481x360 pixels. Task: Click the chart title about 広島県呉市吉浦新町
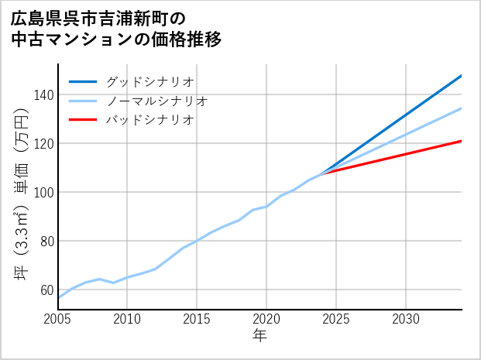click(x=116, y=29)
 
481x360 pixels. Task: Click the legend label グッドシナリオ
click(x=149, y=81)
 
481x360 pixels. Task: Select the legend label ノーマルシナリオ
click(x=156, y=101)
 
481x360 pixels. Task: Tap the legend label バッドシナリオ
click(x=149, y=120)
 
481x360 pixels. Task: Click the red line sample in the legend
click(x=83, y=120)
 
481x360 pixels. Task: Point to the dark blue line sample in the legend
click(x=83, y=81)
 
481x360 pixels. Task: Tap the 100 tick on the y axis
click(x=43, y=193)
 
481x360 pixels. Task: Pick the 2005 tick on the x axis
click(x=58, y=319)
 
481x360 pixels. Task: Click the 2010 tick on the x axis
click(x=128, y=319)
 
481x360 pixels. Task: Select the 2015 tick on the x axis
click(x=198, y=319)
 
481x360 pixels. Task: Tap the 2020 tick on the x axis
click(x=267, y=319)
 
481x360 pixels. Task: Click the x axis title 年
click(x=260, y=336)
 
